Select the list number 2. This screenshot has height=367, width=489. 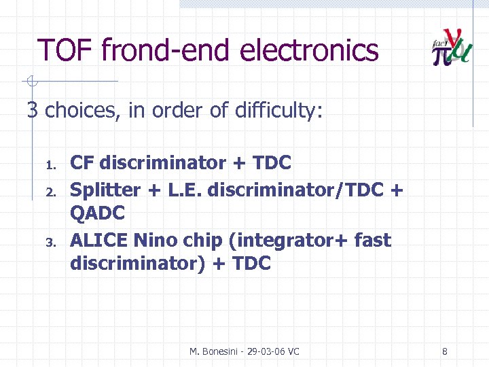pyautogui.click(x=50, y=191)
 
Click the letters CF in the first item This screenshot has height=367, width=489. pyautogui.click(x=82, y=163)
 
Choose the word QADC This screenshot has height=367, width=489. pyautogui.click(x=98, y=213)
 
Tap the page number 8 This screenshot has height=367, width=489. pyautogui.click(x=444, y=351)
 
